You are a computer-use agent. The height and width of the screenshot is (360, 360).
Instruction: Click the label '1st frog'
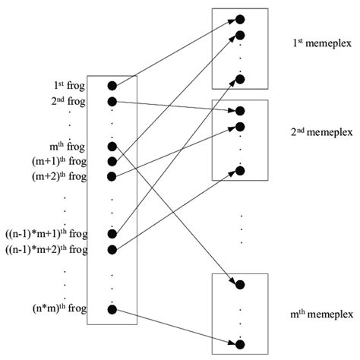coord(67,86)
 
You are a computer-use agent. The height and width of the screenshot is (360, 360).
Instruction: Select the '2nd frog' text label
coord(66,101)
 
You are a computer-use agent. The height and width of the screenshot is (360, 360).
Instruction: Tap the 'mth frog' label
coord(67,146)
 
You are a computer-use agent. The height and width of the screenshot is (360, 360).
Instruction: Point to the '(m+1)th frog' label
coord(58,161)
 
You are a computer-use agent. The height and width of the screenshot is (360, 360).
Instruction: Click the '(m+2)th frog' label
coord(58,176)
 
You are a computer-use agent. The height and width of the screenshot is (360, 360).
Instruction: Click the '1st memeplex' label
coord(320,44)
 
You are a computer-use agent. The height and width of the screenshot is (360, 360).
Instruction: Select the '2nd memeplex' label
coord(320,131)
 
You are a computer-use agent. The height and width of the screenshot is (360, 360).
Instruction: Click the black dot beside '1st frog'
coord(112,86)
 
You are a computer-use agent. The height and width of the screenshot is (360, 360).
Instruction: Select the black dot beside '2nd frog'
coord(112,101)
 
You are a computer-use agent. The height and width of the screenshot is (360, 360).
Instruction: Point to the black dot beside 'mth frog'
coord(112,146)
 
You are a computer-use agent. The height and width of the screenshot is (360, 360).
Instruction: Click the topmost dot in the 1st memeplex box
coord(240,19)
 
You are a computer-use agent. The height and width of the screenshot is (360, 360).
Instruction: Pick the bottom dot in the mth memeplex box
coord(240,343)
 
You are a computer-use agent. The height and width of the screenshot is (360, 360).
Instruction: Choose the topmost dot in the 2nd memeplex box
coord(240,111)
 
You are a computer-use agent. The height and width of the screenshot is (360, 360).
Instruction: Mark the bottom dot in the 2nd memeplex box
coord(240,171)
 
